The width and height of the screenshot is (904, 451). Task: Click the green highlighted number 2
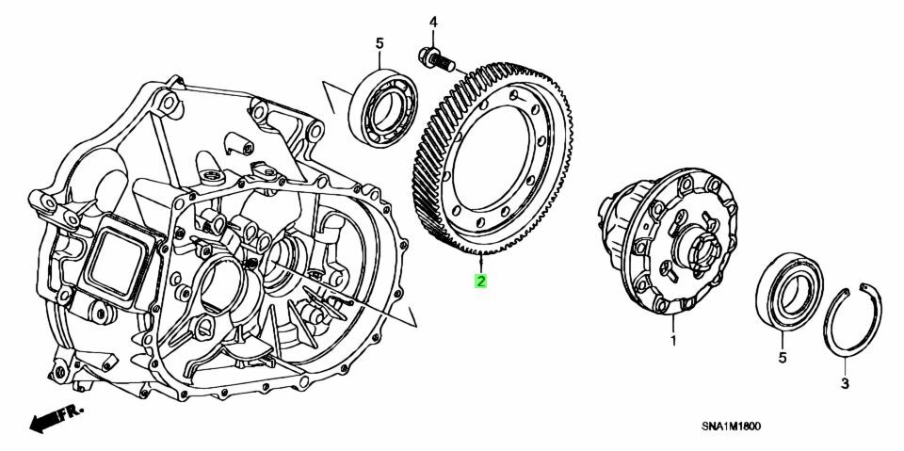click(x=480, y=282)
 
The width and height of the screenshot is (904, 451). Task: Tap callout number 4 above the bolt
click(x=433, y=24)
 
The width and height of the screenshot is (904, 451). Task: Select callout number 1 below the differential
click(x=672, y=342)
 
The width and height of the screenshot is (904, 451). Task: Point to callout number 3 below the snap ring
click(x=845, y=383)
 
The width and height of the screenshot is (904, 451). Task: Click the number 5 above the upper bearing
click(x=379, y=43)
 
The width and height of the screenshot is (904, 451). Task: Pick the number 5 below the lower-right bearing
click(x=783, y=358)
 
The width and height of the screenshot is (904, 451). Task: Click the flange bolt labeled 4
click(x=436, y=59)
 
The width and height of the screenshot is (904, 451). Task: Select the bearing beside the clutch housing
click(x=384, y=108)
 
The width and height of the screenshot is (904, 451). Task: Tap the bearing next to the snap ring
click(x=789, y=292)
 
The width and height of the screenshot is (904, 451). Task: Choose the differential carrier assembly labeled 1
click(x=669, y=240)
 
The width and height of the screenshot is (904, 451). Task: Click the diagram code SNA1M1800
click(x=731, y=427)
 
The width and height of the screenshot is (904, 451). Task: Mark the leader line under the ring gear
click(x=480, y=264)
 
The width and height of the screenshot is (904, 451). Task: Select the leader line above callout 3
click(x=845, y=366)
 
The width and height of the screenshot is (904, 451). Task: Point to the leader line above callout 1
click(x=672, y=324)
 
